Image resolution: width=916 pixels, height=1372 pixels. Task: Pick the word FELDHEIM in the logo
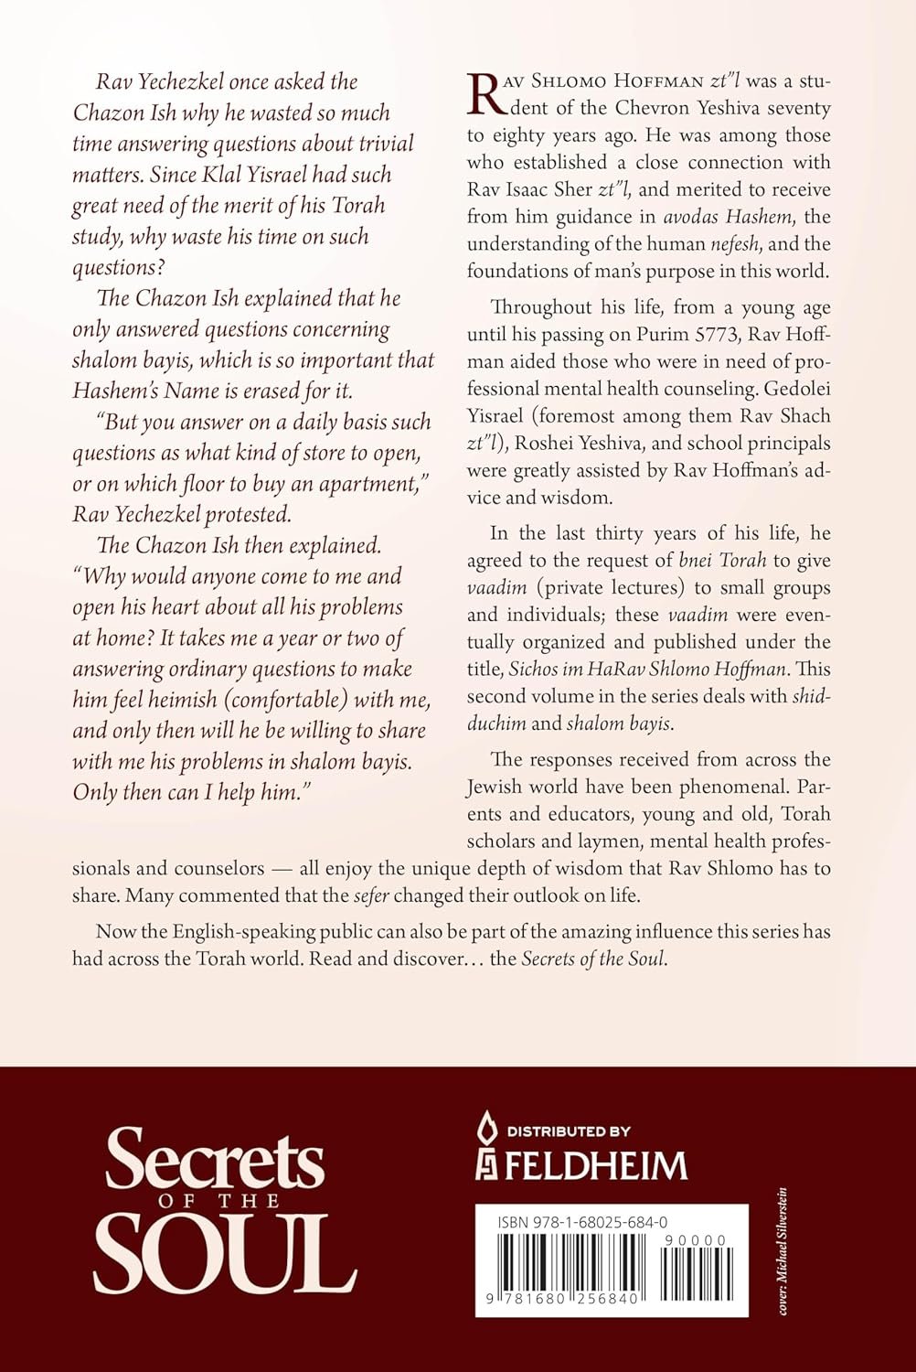[596, 1165]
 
